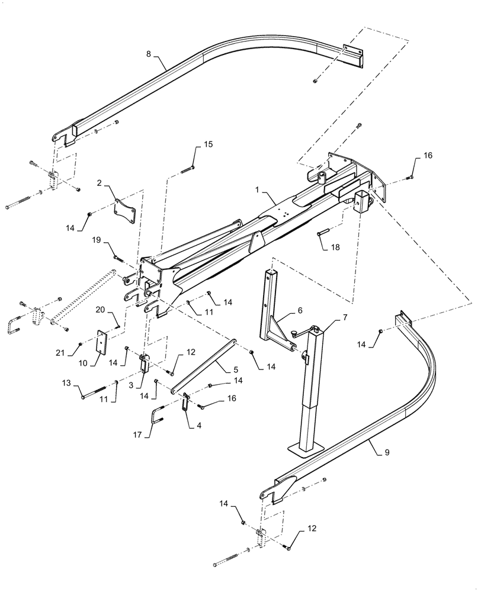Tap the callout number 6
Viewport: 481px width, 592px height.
(x=299, y=310)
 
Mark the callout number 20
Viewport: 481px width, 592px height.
(x=100, y=309)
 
